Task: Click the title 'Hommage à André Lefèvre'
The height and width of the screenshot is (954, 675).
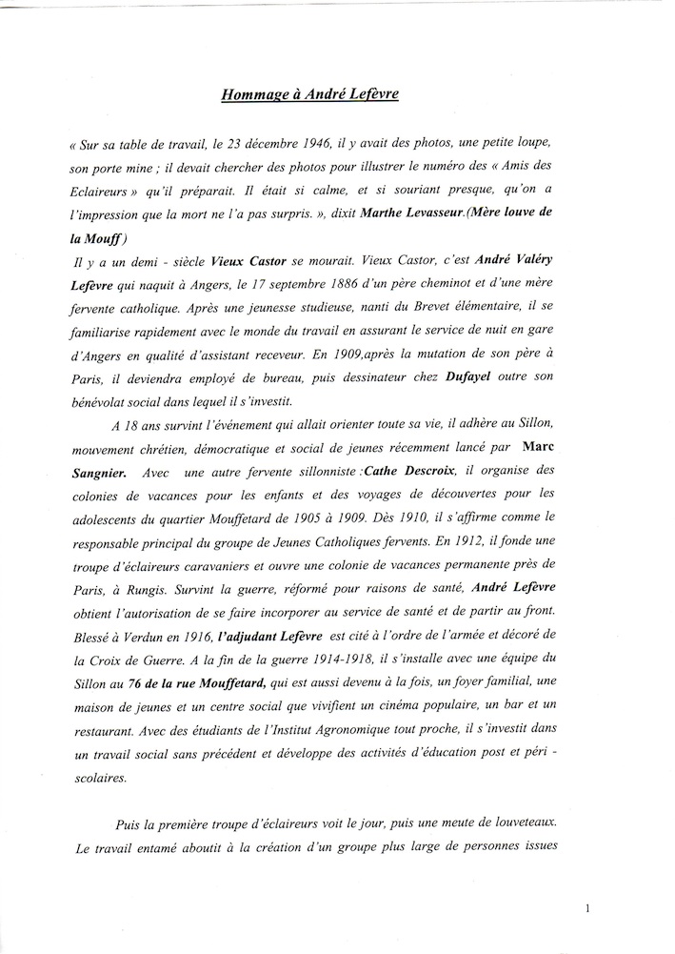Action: [337, 95]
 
